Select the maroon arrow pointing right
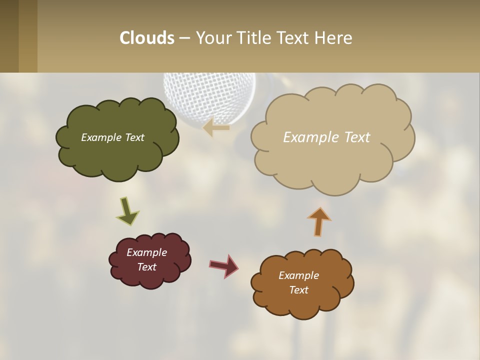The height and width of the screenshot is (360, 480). (x=224, y=266)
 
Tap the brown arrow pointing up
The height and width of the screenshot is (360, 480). (x=319, y=221)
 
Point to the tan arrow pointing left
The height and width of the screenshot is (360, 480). (x=216, y=127)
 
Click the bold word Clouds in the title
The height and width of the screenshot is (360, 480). (x=147, y=38)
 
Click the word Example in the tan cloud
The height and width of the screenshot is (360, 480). (x=308, y=137)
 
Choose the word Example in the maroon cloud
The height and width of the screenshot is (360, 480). (x=146, y=252)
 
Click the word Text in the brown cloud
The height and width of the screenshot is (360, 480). (x=298, y=290)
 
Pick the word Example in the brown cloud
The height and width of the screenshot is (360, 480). (x=298, y=275)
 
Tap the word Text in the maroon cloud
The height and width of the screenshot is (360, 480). (x=146, y=267)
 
